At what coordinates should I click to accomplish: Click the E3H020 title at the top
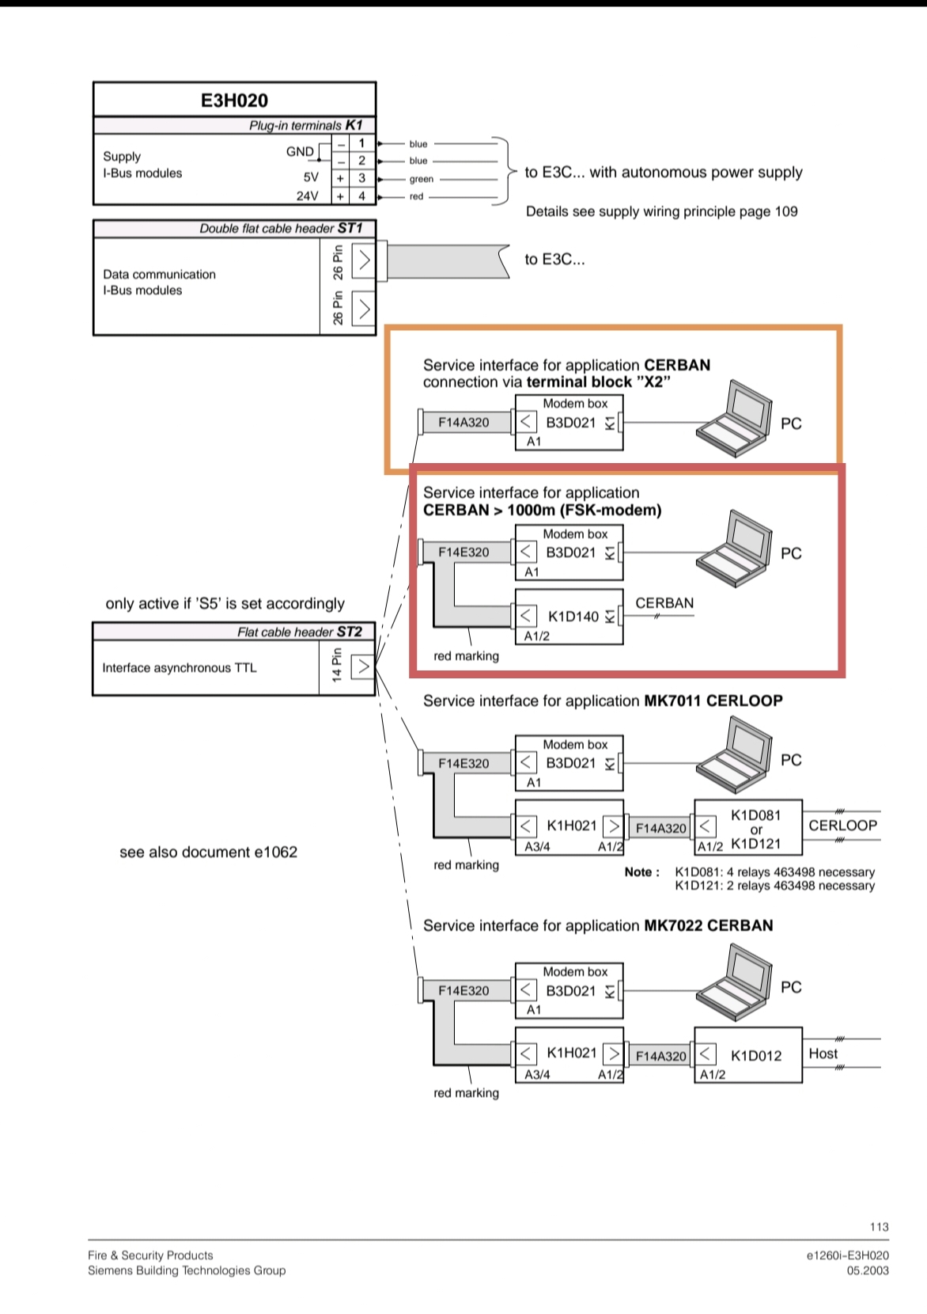[x=234, y=101]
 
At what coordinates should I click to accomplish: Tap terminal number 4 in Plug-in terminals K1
[x=361, y=196]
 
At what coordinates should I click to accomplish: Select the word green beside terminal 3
[x=421, y=179]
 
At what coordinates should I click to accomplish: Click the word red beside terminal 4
[x=416, y=196]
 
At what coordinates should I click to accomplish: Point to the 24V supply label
[x=307, y=196]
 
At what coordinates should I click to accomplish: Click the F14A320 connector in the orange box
[x=464, y=423]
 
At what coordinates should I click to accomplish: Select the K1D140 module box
[x=569, y=617]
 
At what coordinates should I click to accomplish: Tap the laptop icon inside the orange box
[x=733, y=419]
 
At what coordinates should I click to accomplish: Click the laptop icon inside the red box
[x=733, y=549]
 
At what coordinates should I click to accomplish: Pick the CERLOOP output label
[x=842, y=825]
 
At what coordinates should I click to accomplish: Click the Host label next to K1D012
[x=823, y=1054]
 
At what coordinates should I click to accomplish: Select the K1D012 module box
[x=748, y=1055]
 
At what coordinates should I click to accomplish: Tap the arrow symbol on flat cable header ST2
[x=362, y=666]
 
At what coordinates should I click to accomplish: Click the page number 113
[x=879, y=1227]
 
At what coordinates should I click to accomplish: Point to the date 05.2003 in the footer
[x=868, y=1270]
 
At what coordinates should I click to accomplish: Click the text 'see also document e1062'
[x=208, y=853]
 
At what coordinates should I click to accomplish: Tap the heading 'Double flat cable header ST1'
[x=281, y=229]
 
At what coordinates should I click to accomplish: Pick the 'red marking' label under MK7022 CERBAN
[x=466, y=1093]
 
